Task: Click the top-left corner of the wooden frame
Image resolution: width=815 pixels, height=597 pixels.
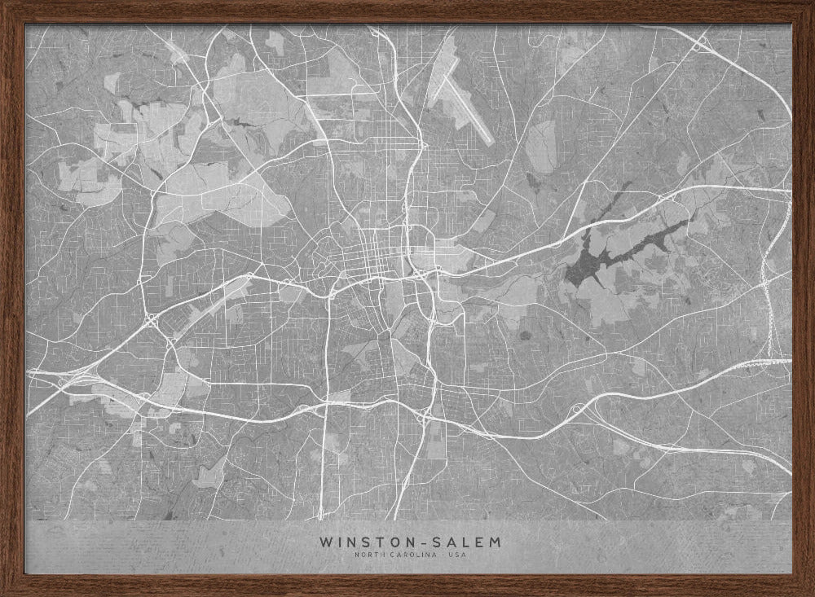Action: click(4, 4)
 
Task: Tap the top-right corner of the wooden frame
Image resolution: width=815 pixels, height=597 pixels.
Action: click(810, 4)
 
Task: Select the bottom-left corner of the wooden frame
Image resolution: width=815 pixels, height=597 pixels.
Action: click(4, 592)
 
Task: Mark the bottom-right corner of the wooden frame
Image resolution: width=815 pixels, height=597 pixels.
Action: click(810, 592)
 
